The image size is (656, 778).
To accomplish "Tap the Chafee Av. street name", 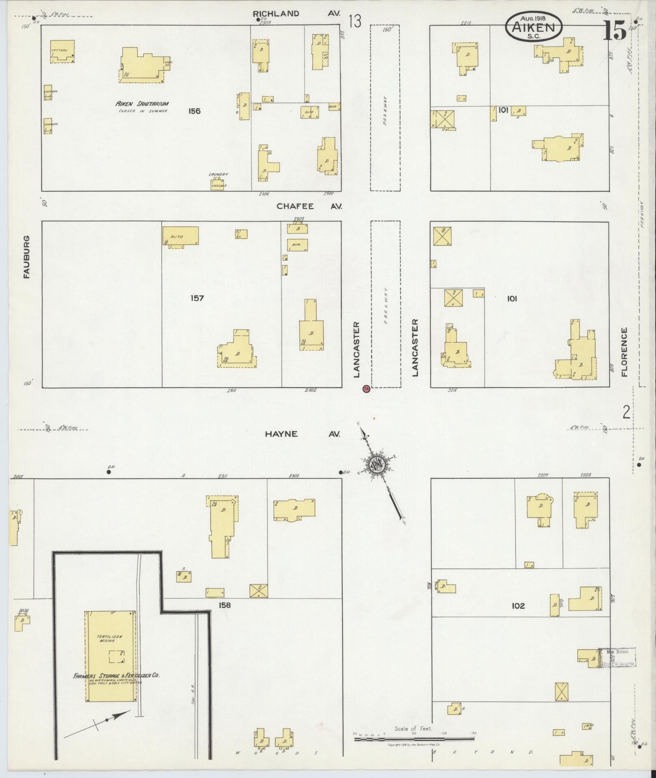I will [x=309, y=206].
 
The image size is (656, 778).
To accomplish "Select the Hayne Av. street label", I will [x=302, y=434].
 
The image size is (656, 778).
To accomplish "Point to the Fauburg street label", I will [x=27, y=257].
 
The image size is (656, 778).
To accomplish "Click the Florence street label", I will [x=624, y=352].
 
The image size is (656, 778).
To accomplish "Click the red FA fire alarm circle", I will [x=366, y=389].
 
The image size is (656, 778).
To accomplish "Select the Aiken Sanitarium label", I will [x=142, y=104].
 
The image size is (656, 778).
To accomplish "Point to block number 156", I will [x=195, y=111].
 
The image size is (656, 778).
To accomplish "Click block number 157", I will [x=197, y=298].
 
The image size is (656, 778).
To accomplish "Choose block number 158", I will [x=224, y=605].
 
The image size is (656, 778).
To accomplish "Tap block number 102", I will [x=518, y=606].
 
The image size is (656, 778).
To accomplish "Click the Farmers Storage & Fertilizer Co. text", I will [x=116, y=676].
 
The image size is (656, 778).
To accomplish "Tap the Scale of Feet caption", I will [x=413, y=728].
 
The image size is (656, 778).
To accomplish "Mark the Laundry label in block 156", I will [x=218, y=174].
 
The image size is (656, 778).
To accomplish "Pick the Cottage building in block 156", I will [x=62, y=51].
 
